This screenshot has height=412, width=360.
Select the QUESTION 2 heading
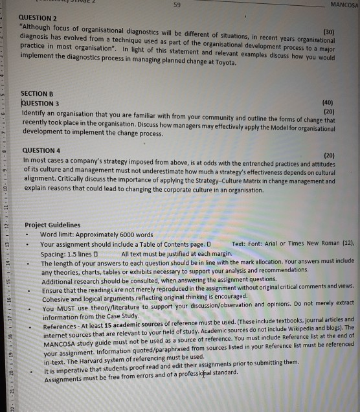tap(41, 18)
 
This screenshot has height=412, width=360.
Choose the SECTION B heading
tap(39, 94)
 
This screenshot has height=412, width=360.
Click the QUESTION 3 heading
tap(41, 102)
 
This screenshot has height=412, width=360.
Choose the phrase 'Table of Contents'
tap(158, 244)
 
